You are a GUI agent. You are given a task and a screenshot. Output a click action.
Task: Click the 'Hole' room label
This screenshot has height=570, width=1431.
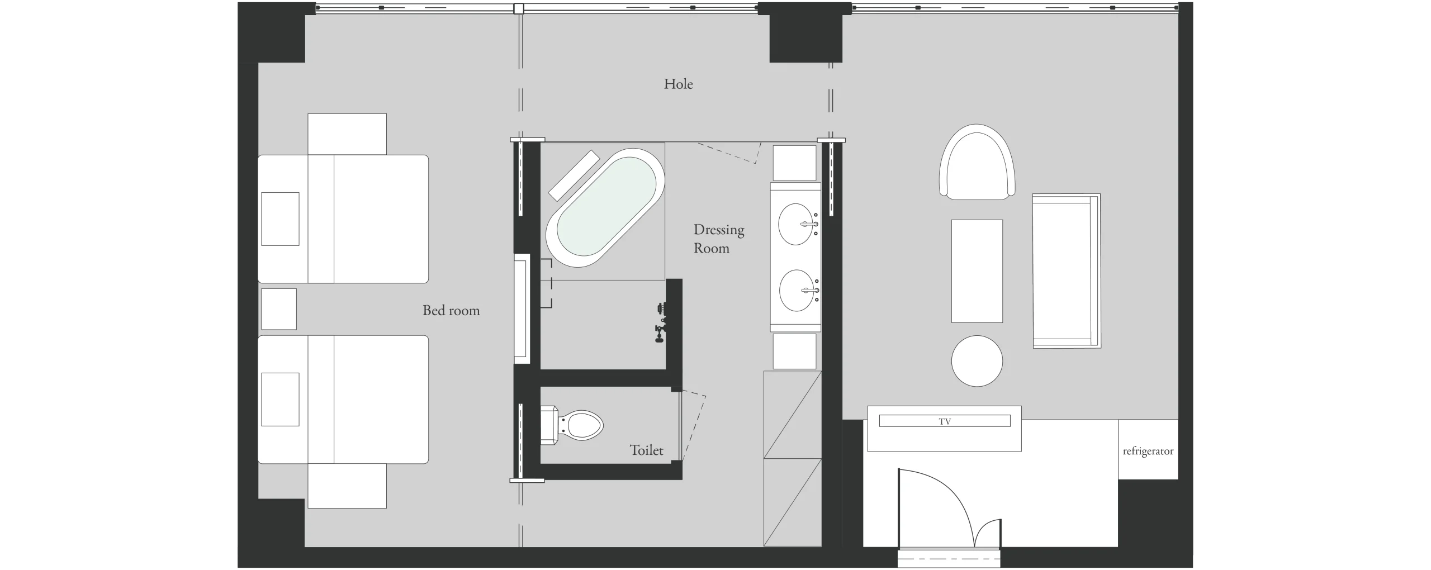678,84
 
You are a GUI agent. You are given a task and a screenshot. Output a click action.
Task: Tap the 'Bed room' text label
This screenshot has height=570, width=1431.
451,310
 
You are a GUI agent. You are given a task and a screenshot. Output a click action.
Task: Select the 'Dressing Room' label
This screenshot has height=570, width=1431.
719,239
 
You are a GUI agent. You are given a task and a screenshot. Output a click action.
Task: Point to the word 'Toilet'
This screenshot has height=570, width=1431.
647,450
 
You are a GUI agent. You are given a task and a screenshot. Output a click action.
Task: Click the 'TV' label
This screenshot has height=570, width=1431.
945,421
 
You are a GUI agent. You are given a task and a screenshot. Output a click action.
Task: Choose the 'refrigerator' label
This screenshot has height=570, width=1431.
1148,451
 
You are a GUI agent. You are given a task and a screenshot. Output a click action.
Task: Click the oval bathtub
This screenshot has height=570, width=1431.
605,210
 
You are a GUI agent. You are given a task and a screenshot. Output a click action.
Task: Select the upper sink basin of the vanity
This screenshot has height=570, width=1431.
795,224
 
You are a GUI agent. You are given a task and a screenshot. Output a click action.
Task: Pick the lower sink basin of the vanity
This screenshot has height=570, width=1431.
797,291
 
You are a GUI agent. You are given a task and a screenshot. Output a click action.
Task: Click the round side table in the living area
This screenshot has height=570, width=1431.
977,360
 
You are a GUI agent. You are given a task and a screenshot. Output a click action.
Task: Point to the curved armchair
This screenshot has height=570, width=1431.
977,161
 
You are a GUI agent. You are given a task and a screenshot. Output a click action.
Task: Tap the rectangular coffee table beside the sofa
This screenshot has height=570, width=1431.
977,271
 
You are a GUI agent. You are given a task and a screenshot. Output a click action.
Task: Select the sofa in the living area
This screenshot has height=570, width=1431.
1067,271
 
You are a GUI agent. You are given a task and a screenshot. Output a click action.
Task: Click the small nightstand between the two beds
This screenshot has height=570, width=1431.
279,309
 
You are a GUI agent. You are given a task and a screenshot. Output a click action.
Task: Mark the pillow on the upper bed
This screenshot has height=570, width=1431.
280,219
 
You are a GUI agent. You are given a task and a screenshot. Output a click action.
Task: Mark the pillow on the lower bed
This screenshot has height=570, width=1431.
280,400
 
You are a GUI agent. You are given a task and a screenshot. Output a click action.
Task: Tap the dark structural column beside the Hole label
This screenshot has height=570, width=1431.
805,32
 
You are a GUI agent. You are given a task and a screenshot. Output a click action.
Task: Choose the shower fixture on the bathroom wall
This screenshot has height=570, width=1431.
661,322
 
